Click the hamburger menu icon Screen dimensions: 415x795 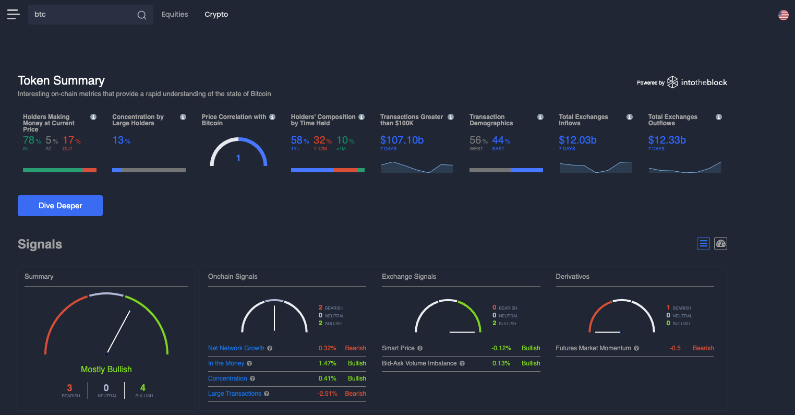click(14, 15)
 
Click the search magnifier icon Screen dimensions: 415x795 click(142, 15)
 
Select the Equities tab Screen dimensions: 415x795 click(175, 15)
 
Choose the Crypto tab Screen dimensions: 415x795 click(216, 15)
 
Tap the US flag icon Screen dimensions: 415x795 click(783, 15)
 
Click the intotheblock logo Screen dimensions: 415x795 click(697, 82)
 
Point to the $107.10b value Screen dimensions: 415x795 click(402, 140)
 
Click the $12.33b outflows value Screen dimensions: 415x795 click(667, 140)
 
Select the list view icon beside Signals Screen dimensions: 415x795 click(703, 243)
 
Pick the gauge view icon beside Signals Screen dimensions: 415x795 click(720, 243)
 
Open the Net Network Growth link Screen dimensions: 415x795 click(236, 348)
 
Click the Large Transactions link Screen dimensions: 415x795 click(234, 394)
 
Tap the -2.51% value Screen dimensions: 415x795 click(327, 394)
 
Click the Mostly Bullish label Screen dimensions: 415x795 click(106, 369)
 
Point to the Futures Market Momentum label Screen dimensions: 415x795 click(593, 348)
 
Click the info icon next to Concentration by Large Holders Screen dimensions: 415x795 click(183, 117)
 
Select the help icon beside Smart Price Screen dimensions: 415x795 click(420, 348)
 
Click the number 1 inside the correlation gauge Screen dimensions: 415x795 click(238, 158)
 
